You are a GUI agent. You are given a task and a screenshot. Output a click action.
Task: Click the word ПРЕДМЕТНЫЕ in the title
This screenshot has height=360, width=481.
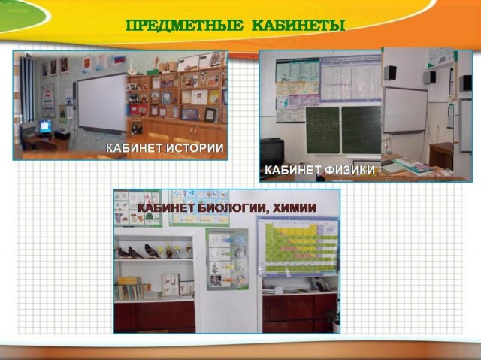pos(184,26)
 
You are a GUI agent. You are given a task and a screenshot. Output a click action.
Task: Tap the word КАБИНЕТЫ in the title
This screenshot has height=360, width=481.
pos(298,26)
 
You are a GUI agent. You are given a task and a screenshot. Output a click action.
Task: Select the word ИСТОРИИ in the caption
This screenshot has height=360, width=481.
pos(194,148)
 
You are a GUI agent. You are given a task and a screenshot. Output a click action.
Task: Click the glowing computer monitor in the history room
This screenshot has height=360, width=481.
pos(45,126)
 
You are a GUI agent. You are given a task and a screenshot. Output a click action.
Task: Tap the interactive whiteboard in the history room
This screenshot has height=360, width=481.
pos(102,103)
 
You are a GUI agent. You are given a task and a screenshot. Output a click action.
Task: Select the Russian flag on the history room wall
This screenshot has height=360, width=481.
pos(120,59)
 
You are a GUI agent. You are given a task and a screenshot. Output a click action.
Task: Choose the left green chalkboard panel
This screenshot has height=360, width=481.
pos(322,130)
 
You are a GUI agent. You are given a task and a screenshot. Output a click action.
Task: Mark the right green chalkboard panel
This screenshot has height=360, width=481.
pos(361,130)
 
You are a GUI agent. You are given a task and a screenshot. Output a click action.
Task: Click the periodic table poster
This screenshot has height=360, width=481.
pos(298,246)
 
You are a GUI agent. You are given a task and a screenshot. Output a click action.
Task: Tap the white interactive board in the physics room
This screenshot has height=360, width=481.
pos(405,110)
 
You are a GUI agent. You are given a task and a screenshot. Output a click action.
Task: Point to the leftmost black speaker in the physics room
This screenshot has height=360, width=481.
pos(390,73)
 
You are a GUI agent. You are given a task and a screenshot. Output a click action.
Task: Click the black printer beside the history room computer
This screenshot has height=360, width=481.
pos(62,135)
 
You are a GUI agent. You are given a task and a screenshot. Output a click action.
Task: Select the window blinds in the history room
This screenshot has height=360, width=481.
pos(27,89)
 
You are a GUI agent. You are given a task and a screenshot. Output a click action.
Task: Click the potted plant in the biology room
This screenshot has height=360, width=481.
pos(333,317)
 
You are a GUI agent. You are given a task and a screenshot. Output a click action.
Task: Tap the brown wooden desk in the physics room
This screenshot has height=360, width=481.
pos(441,155)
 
